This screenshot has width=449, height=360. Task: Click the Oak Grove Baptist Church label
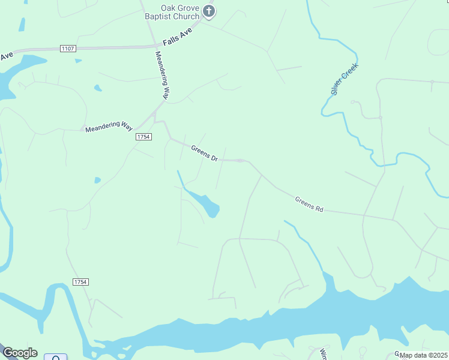click(171, 13)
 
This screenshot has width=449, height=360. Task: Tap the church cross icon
click(208, 10)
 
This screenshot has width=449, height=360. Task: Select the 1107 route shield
click(68, 48)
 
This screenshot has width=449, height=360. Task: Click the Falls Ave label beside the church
click(178, 37)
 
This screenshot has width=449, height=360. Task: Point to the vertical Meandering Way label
click(163, 75)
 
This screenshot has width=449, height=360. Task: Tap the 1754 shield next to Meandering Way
click(143, 137)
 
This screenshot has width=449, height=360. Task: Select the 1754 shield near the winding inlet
click(80, 282)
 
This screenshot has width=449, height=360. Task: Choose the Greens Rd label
click(309, 204)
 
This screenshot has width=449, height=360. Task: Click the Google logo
click(19, 353)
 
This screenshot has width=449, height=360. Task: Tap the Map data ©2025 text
click(423, 355)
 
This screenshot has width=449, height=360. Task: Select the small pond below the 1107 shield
click(97, 88)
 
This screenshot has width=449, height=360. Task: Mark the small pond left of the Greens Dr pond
click(97, 179)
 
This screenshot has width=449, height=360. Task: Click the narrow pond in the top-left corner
click(22, 25)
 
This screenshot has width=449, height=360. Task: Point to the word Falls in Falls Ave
click(172, 40)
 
